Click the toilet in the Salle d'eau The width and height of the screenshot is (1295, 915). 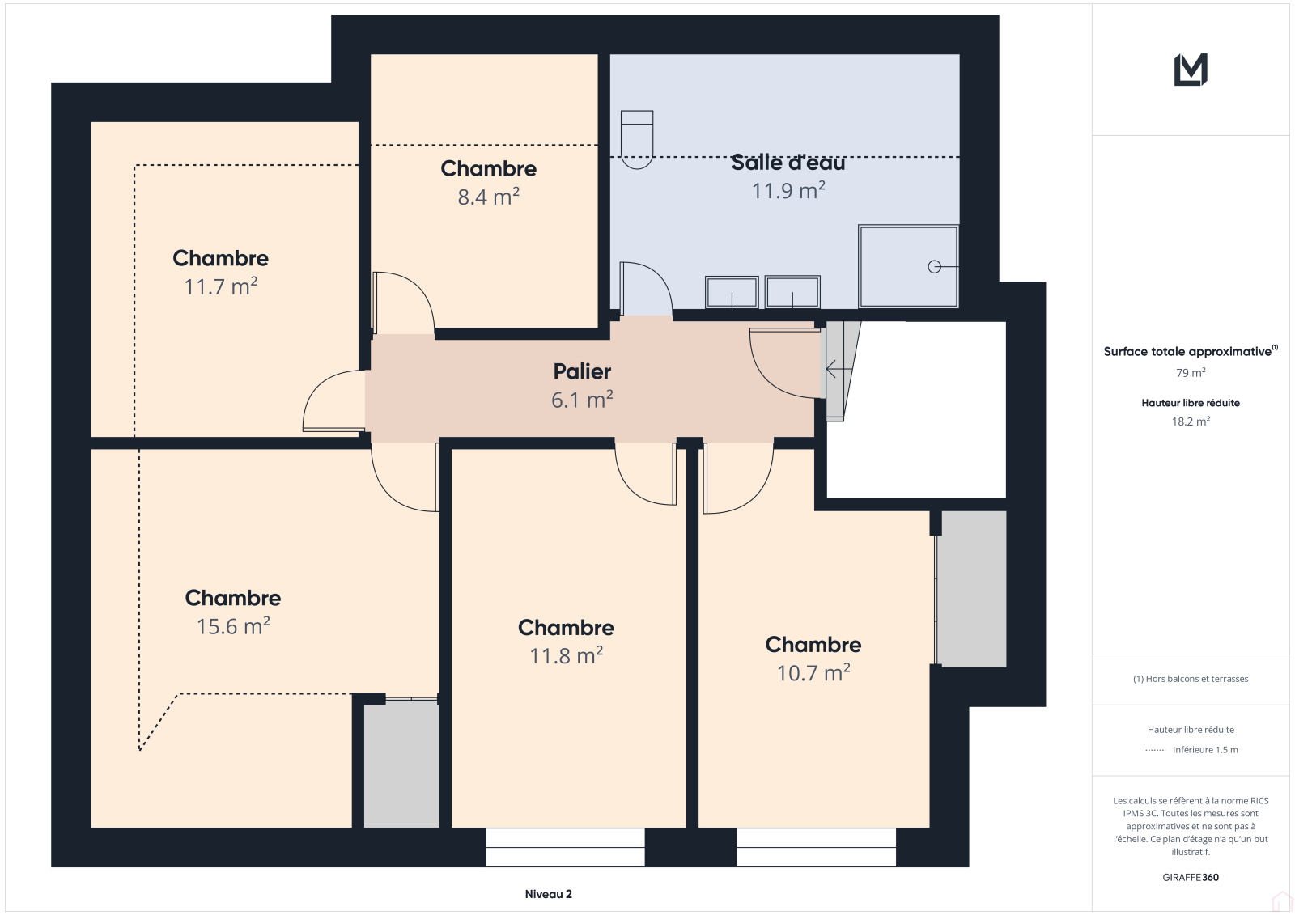[636, 139]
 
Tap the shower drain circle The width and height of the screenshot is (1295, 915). [934, 266]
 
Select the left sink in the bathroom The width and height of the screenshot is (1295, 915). [732, 292]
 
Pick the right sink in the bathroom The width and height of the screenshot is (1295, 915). [792, 292]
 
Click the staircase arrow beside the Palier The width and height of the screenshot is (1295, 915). [839, 368]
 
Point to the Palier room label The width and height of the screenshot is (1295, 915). [582, 371]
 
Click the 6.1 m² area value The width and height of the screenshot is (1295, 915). [582, 400]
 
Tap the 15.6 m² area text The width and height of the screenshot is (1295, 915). [233, 626]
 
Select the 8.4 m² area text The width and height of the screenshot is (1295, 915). [489, 197]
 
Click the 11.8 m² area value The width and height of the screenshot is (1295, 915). [566, 655]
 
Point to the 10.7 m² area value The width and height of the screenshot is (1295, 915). [813, 673]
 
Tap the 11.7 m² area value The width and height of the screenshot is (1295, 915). [220, 286]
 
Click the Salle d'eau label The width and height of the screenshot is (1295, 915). [788, 163]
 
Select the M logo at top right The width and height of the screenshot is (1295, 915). [1191, 70]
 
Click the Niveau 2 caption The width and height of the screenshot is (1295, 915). [548, 894]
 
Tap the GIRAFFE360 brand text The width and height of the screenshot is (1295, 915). [1191, 877]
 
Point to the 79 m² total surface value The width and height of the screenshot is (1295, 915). [1191, 373]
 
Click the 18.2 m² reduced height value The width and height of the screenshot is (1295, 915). [1191, 421]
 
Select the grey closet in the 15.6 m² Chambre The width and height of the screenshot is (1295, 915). [401, 765]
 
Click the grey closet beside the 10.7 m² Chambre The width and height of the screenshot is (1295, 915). [971, 588]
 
